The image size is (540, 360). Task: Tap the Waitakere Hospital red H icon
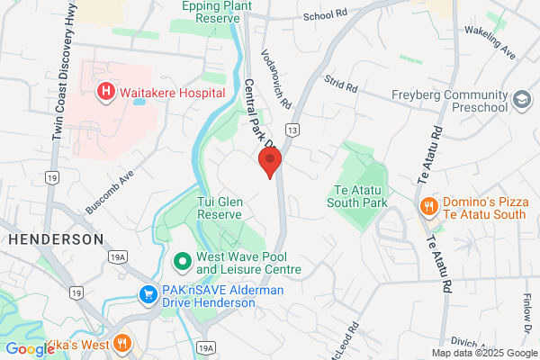(x=106, y=91)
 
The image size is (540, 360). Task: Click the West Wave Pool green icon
(x=181, y=263)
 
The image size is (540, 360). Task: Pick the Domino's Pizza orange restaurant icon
(x=428, y=206)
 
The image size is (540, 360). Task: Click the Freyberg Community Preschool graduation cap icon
(x=522, y=98)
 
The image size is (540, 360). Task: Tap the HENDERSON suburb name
(x=55, y=239)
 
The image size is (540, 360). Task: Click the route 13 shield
(x=294, y=131)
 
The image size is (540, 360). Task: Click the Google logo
(x=30, y=349)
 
